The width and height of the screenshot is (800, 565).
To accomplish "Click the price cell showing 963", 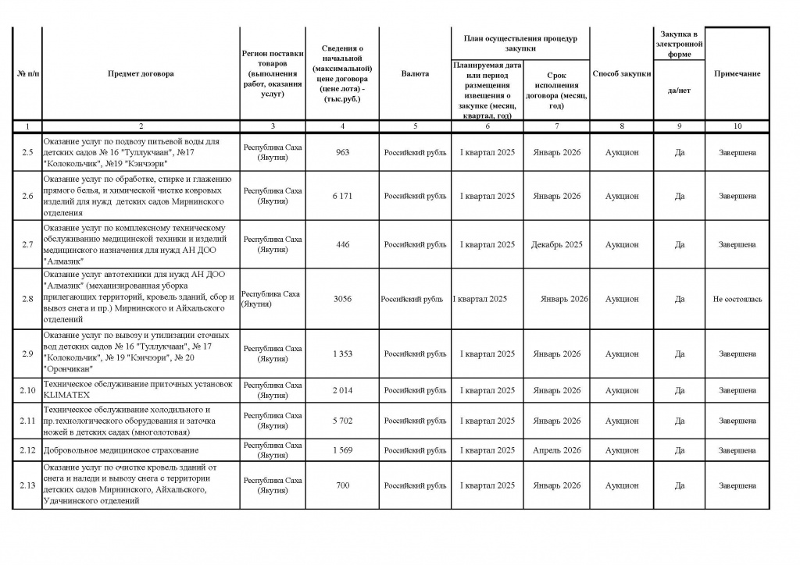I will coord(342,153).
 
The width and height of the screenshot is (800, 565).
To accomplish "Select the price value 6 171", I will coord(342,196).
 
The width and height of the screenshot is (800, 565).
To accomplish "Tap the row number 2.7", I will coord(27,245).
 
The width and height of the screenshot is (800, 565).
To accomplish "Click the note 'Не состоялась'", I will coord(737,299).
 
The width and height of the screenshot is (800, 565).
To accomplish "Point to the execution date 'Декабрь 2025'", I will coord(556,245).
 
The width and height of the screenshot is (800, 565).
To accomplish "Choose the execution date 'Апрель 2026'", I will coord(556,450).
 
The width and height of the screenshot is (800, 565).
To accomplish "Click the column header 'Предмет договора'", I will coord(141,74).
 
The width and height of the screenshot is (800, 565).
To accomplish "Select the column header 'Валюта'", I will coord(415,74).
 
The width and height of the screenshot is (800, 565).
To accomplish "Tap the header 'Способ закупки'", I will coord(621,74).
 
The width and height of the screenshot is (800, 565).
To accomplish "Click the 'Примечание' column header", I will coord(737,74).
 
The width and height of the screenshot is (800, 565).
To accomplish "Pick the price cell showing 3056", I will coord(342,299).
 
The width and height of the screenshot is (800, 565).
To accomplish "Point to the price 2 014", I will coord(342,390).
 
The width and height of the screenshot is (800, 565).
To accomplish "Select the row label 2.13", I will coord(27,485).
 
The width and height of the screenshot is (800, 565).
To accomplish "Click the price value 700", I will coord(342,485).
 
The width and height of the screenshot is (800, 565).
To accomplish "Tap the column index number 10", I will coord(737,126).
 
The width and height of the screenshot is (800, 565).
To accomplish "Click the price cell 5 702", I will coord(342,421).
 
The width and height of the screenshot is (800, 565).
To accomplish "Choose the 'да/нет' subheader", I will coord(679,91).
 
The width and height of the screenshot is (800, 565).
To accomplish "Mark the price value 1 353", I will coord(342,354).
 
